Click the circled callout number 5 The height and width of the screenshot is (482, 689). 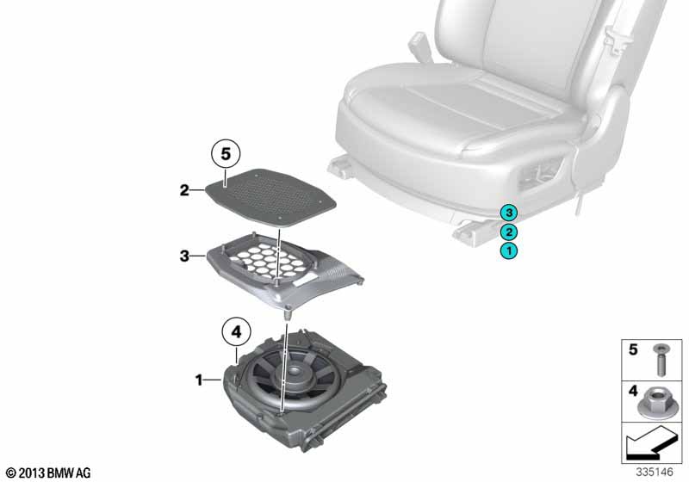tap(226, 155)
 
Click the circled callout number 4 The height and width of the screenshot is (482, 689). tap(236, 332)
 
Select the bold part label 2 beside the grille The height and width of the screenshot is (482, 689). tap(184, 190)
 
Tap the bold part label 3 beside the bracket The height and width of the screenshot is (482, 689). tap(184, 256)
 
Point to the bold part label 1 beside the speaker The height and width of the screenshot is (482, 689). tap(199, 380)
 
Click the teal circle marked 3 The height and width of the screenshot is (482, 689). tap(509, 213)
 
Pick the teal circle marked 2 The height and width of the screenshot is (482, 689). tap(509, 232)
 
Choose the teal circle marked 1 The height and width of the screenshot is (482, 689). tap(509, 251)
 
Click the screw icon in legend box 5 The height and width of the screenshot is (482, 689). tap(659, 360)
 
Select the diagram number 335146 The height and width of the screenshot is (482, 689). tap(655, 472)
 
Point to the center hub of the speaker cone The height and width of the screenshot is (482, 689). tap(295, 372)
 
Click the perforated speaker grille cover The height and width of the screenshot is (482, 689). tap(270, 196)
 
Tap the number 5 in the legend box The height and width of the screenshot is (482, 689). tap(633, 349)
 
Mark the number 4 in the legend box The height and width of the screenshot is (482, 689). tap(633, 390)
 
